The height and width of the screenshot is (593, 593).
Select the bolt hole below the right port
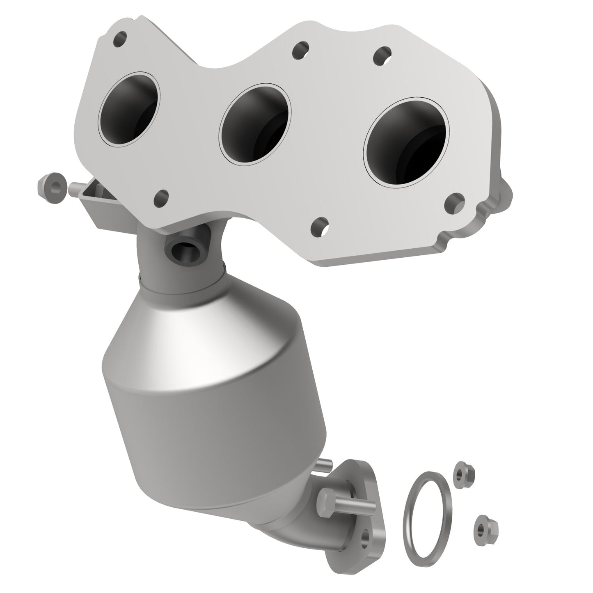pyautogui.click(x=455, y=201)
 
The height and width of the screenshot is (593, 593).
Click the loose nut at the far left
pyautogui.click(x=52, y=187)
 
